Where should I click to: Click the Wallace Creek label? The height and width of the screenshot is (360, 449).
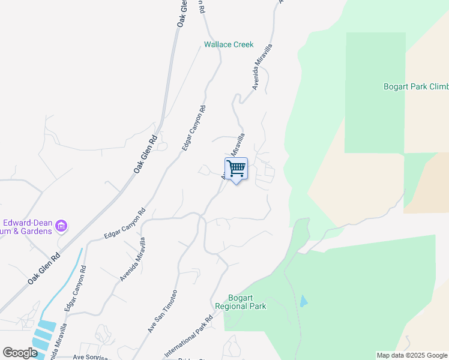coord(229,44)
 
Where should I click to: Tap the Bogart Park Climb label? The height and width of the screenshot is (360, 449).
coord(415,86)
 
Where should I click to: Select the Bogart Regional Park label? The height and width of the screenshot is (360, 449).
coord(247,302)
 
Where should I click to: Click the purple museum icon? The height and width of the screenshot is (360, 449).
coord(61,226)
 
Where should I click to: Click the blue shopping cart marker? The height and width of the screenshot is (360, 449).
coord(236,168)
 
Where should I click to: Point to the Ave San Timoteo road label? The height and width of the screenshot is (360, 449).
coord(163,312)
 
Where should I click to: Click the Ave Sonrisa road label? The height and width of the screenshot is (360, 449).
coord(91,356)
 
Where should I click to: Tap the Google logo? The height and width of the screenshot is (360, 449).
coord(20,353)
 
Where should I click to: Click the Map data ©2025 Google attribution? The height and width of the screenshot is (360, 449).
coord(412,355)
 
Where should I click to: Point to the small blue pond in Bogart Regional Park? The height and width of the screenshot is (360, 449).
coord(303,301)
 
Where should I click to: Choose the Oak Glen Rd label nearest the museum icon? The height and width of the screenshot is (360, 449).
coord(44,269)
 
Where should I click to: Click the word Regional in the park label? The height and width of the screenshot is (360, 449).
coord(247,306)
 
